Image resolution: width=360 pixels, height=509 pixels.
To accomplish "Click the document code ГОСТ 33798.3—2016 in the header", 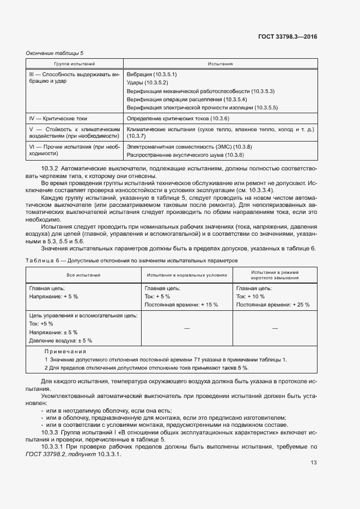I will pyautogui.click(x=287, y=37).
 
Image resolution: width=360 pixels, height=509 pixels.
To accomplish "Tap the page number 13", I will pyautogui.click(x=314, y=463).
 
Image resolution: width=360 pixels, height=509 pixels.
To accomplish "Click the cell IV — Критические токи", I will pyautogui.click(x=58, y=118).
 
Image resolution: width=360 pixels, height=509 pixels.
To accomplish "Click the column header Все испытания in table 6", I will pyautogui.click(x=83, y=275).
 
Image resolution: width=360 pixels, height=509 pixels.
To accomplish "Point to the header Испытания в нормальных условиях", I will pyautogui.click(x=186, y=275).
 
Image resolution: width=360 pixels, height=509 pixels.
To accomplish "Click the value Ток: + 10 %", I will pyautogui.click(x=251, y=297).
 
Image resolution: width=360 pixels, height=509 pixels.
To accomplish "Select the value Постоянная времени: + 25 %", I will pyautogui.click(x=272, y=305).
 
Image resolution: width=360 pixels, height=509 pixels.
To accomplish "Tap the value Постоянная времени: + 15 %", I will pyautogui.click(x=182, y=305).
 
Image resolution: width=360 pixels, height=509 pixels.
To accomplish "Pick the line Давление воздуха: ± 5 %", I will pyautogui.click(x=60, y=340).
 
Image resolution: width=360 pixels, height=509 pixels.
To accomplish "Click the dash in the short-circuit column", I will pyautogui.click(x=274, y=328).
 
